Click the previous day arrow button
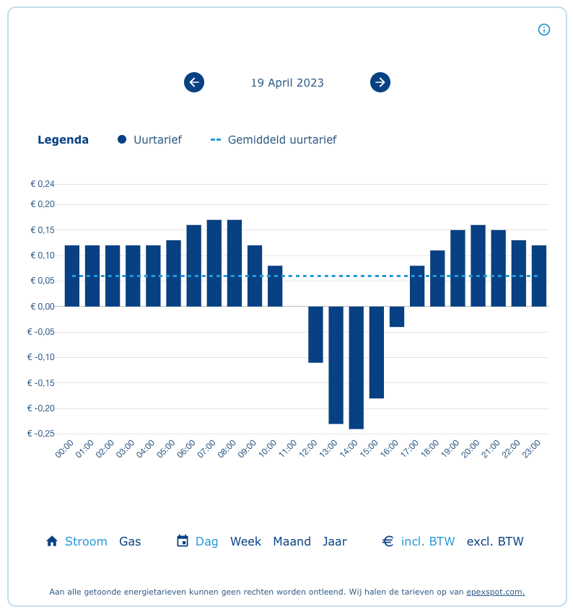click(194, 82)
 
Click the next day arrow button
click(380, 82)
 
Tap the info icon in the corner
click(544, 30)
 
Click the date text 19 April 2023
click(287, 83)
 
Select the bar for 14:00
click(357, 367)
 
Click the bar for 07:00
click(214, 263)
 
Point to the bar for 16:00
click(397, 317)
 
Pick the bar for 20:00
click(478, 266)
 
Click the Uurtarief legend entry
click(150, 140)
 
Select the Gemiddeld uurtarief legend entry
click(274, 140)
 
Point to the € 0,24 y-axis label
click(43, 184)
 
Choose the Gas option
click(130, 541)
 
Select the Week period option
click(245, 541)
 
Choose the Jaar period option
click(335, 541)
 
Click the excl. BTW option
click(495, 541)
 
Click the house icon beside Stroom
click(51, 541)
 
